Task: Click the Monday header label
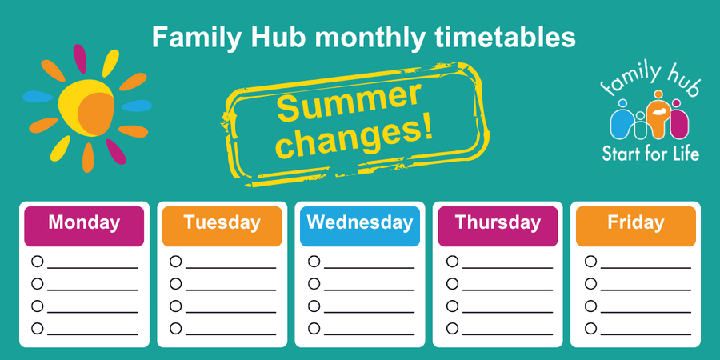click(84, 222)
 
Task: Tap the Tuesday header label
click(222, 222)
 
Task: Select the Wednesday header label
click(360, 222)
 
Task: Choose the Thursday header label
click(498, 222)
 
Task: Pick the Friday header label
click(636, 222)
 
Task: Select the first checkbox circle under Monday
click(37, 261)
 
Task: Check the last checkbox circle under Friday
click(590, 328)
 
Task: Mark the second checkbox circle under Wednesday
click(314, 283)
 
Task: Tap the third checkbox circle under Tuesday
click(175, 306)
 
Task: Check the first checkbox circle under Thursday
click(452, 261)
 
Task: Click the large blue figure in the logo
click(622, 122)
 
